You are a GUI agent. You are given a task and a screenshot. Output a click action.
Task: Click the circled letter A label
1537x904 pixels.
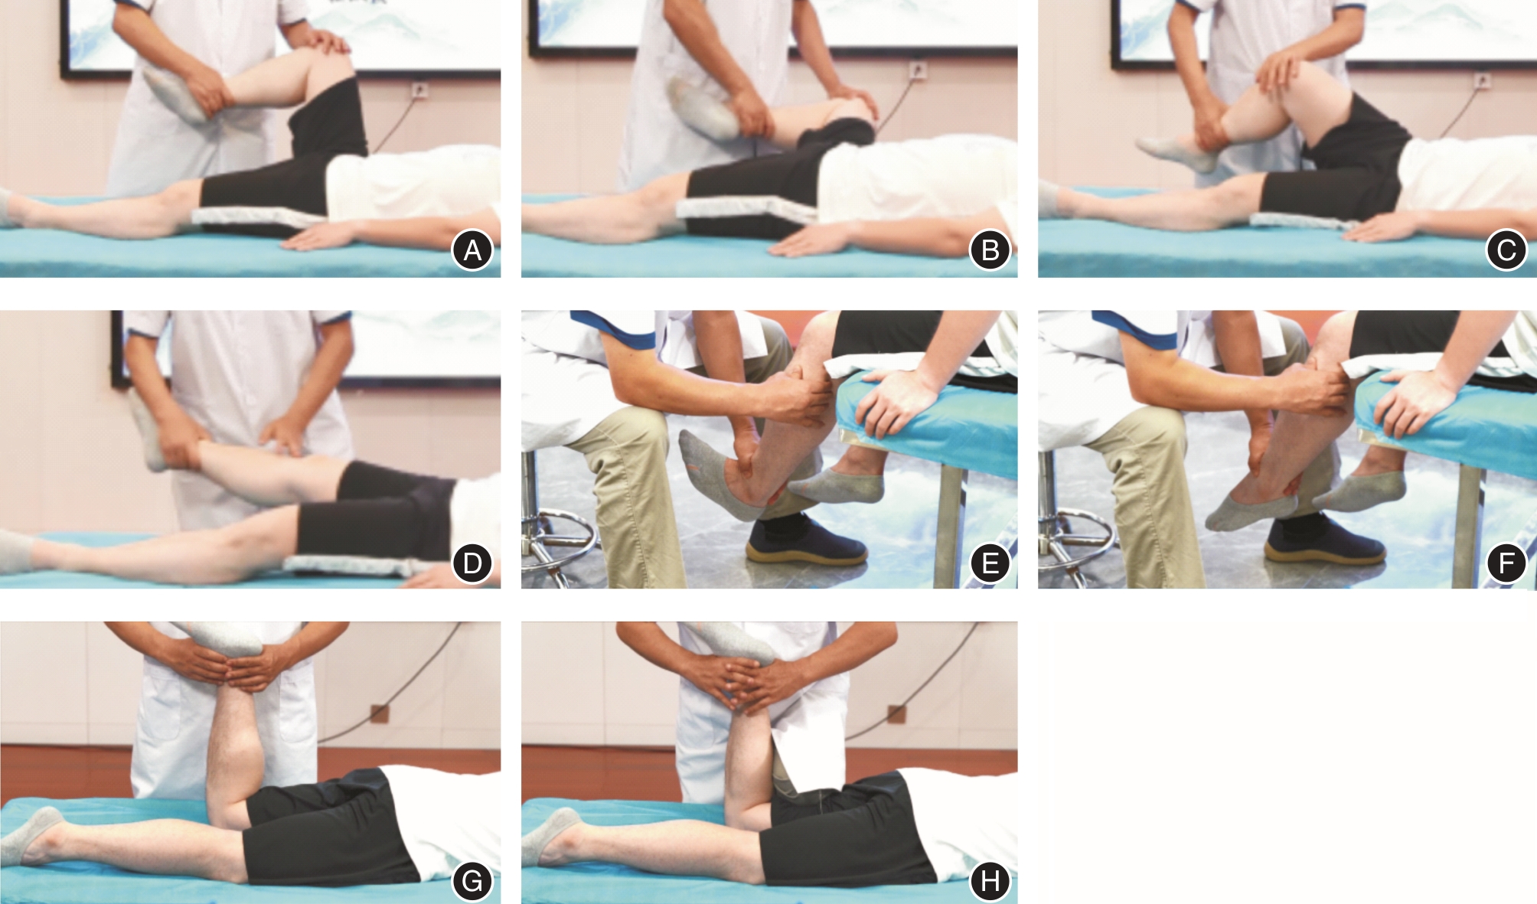coord(472,250)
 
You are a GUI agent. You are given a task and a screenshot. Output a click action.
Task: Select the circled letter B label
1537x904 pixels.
coord(990,250)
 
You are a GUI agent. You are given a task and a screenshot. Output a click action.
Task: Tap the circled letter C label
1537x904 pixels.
coord(1506,250)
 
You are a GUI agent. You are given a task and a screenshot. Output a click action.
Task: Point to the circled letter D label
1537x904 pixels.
coord(472,563)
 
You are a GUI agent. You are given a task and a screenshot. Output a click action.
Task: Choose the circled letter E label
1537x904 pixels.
coord(990,563)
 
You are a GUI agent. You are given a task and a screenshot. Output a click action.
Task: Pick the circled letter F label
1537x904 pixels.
coord(1506,563)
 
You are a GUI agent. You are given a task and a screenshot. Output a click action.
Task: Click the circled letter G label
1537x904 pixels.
coord(472,881)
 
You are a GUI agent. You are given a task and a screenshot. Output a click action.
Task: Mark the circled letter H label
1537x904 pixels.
coord(990,881)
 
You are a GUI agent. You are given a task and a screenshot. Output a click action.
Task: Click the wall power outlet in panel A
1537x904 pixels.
coord(419,91)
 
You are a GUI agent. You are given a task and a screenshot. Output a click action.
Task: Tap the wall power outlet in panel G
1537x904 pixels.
coord(379,713)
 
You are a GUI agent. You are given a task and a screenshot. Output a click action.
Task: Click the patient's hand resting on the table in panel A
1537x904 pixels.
coord(321,237)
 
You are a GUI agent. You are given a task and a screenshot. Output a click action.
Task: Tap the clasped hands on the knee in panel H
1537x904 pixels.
coord(758,681)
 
